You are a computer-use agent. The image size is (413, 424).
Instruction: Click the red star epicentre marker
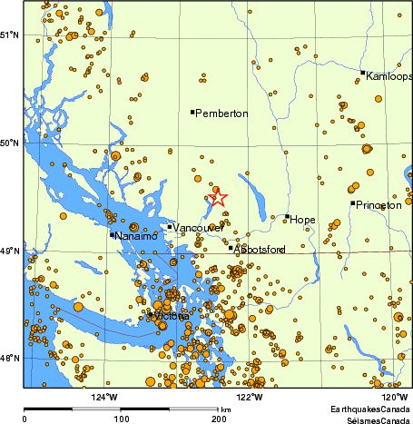point(218,197)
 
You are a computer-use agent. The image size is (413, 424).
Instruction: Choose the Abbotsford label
point(261,249)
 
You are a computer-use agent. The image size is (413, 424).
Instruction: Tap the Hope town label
point(303,219)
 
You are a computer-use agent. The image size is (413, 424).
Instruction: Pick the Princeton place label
point(379,206)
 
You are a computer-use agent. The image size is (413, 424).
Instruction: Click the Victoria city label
point(171,316)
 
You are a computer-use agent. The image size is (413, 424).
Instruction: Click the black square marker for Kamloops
point(363,73)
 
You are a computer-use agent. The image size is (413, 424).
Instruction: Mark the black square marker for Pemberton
point(192,112)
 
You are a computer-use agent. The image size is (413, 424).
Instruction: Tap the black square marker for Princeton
point(353,202)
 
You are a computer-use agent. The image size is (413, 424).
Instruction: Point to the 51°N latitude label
point(10,35)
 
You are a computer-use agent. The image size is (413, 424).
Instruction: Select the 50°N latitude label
point(10,143)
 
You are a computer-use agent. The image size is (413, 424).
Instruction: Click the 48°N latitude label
point(10,358)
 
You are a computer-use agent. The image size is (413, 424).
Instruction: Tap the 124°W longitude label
point(105,396)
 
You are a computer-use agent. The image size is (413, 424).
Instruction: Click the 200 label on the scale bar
point(219,419)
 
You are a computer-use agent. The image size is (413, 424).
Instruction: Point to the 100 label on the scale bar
point(122,419)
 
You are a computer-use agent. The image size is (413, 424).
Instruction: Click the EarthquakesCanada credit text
point(371,409)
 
